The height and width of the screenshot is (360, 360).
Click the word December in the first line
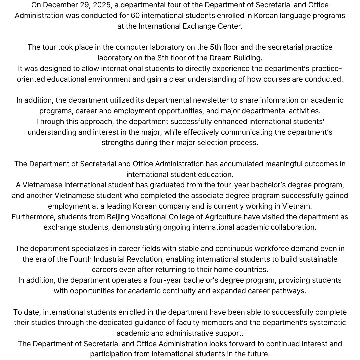(59, 5)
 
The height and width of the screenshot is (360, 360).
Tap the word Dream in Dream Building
(215, 58)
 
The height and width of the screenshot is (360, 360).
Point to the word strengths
(117, 143)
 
